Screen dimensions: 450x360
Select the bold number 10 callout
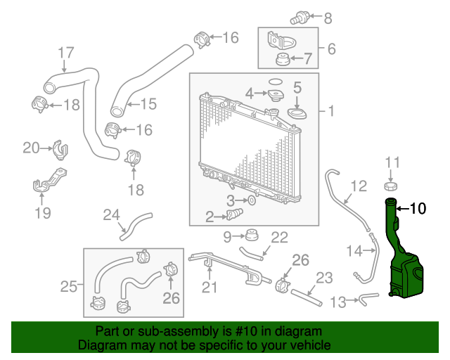click(x=418, y=208)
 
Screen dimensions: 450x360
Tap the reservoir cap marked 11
click(x=391, y=186)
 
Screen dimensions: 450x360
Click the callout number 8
click(x=328, y=18)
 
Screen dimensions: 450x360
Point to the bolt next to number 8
click(x=300, y=17)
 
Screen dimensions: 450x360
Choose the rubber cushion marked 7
click(x=283, y=60)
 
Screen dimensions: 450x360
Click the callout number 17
click(x=66, y=53)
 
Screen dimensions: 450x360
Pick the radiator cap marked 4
click(x=276, y=95)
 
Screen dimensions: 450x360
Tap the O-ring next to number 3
click(x=252, y=200)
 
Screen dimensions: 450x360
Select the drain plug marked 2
click(x=235, y=214)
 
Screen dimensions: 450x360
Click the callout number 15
click(x=148, y=104)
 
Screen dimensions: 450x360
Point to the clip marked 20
click(x=60, y=150)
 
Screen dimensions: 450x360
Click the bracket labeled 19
click(x=49, y=180)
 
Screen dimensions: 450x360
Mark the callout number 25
click(x=69, y=286)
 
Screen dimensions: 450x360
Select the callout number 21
click(x=210, y=287)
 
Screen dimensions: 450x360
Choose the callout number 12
click(x=359, y=186)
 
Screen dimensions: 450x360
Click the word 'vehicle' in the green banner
click(x=311, y=345)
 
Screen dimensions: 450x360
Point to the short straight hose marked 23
click(x=307, y=297)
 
